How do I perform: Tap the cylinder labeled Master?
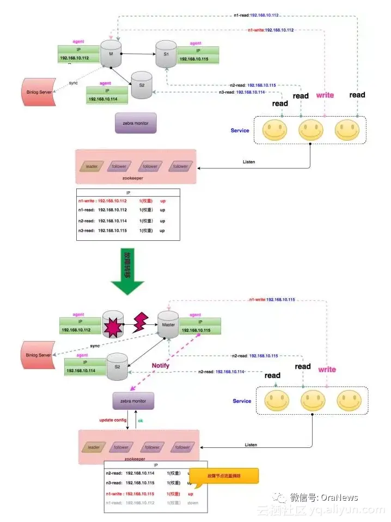(168, 325)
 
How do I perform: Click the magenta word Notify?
(161, 366)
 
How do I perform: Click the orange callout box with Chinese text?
(224, 476)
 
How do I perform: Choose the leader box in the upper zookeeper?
(90, 166)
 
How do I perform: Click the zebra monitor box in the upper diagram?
(136, 123)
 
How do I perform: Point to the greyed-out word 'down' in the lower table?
(192, 503)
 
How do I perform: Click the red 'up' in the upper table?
(162, 201)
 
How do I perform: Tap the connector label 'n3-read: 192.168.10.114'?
(242, 92)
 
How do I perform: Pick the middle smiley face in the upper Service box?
(310, 130)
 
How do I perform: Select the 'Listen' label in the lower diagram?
(251, 445)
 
